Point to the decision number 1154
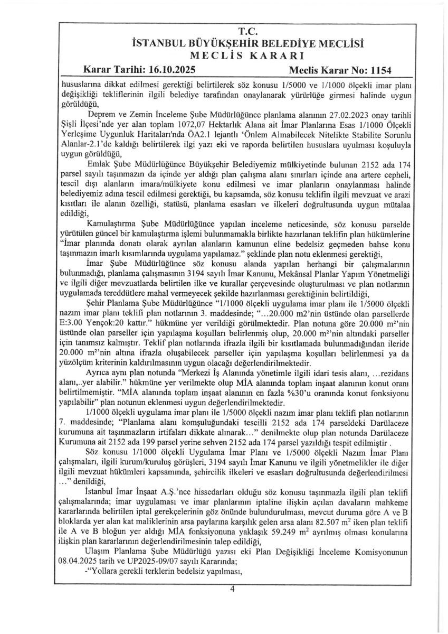pos(380,69)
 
